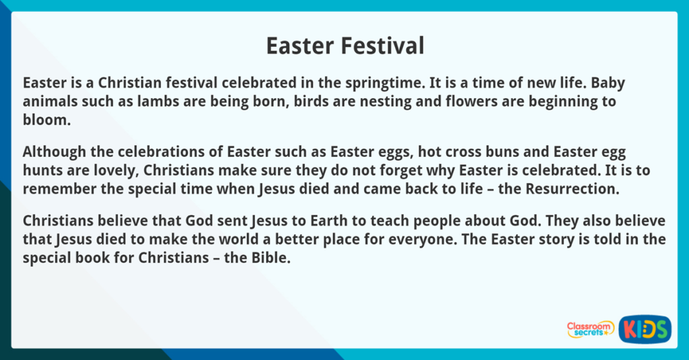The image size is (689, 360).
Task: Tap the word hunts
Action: pyautogui.click(x=42, y=170)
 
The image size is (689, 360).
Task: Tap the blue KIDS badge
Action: pyautogui.click(x=645, y=329)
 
